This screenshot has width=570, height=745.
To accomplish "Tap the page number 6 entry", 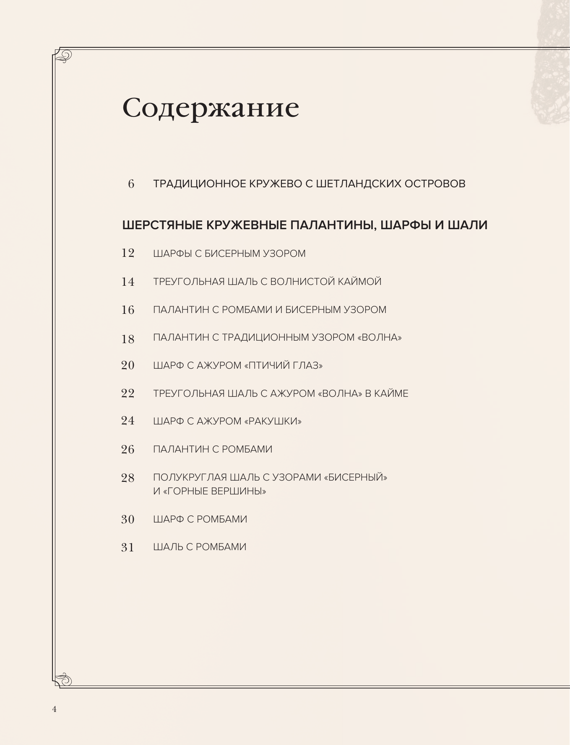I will click(x=131, y=184).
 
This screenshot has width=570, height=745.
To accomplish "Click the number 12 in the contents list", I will click(x=128, y=254).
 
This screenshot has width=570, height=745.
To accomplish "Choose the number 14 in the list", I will click(x=128, y=282).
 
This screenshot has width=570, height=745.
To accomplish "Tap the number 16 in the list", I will click(x=128, y=310).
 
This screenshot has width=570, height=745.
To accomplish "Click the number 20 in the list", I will click(x=128, y=366).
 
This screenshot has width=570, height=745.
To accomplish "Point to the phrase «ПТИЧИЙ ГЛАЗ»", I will click(x=283, y=366).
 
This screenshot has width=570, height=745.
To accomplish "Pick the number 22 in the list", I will click(x=128, y=394).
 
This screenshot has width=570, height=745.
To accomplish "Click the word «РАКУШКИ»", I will click(x=273, y=422).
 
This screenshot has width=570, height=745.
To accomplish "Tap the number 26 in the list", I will click(x=128, y=450).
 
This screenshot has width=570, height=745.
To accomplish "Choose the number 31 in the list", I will click(x=128, y=548).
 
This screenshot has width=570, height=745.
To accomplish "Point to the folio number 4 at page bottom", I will click(x=54, y=709).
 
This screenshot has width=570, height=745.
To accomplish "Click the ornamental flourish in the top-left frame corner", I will click(x=64, y=56).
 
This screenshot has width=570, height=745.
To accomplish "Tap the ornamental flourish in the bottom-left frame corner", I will click(x=64, y=679).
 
